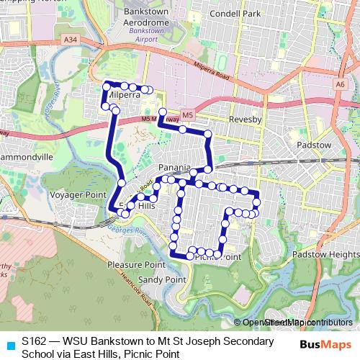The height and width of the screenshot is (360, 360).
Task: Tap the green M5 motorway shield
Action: tap(186, 114)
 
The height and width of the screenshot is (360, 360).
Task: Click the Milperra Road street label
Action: tap(215, 71)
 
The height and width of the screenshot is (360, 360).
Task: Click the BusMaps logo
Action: tap(325, 345)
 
